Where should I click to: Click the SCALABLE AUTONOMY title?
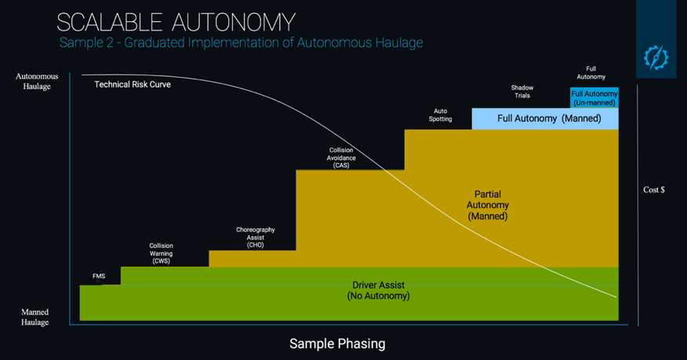coord(176,21)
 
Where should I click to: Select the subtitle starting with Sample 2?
coord(241,42)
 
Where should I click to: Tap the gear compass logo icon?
coord(656,57)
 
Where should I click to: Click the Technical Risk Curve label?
coord(133,84)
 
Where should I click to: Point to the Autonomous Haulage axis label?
coord(36,82)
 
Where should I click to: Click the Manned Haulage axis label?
coord(35,317)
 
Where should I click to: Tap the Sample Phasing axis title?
coord(337,344)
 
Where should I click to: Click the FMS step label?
coord(99,276)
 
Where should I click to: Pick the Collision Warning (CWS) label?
coord(161,253)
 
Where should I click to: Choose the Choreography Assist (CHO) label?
coord(255,237)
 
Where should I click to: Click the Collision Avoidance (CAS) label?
coord(340,158)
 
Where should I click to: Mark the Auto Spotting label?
coord(440,115)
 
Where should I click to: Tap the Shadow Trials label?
coord(522,92)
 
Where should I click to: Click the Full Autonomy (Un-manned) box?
coord(594,98)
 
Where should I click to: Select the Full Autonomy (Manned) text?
coord(549,118)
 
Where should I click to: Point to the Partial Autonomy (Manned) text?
coord(487,205)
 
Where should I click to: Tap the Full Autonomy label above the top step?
coord(591,73)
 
